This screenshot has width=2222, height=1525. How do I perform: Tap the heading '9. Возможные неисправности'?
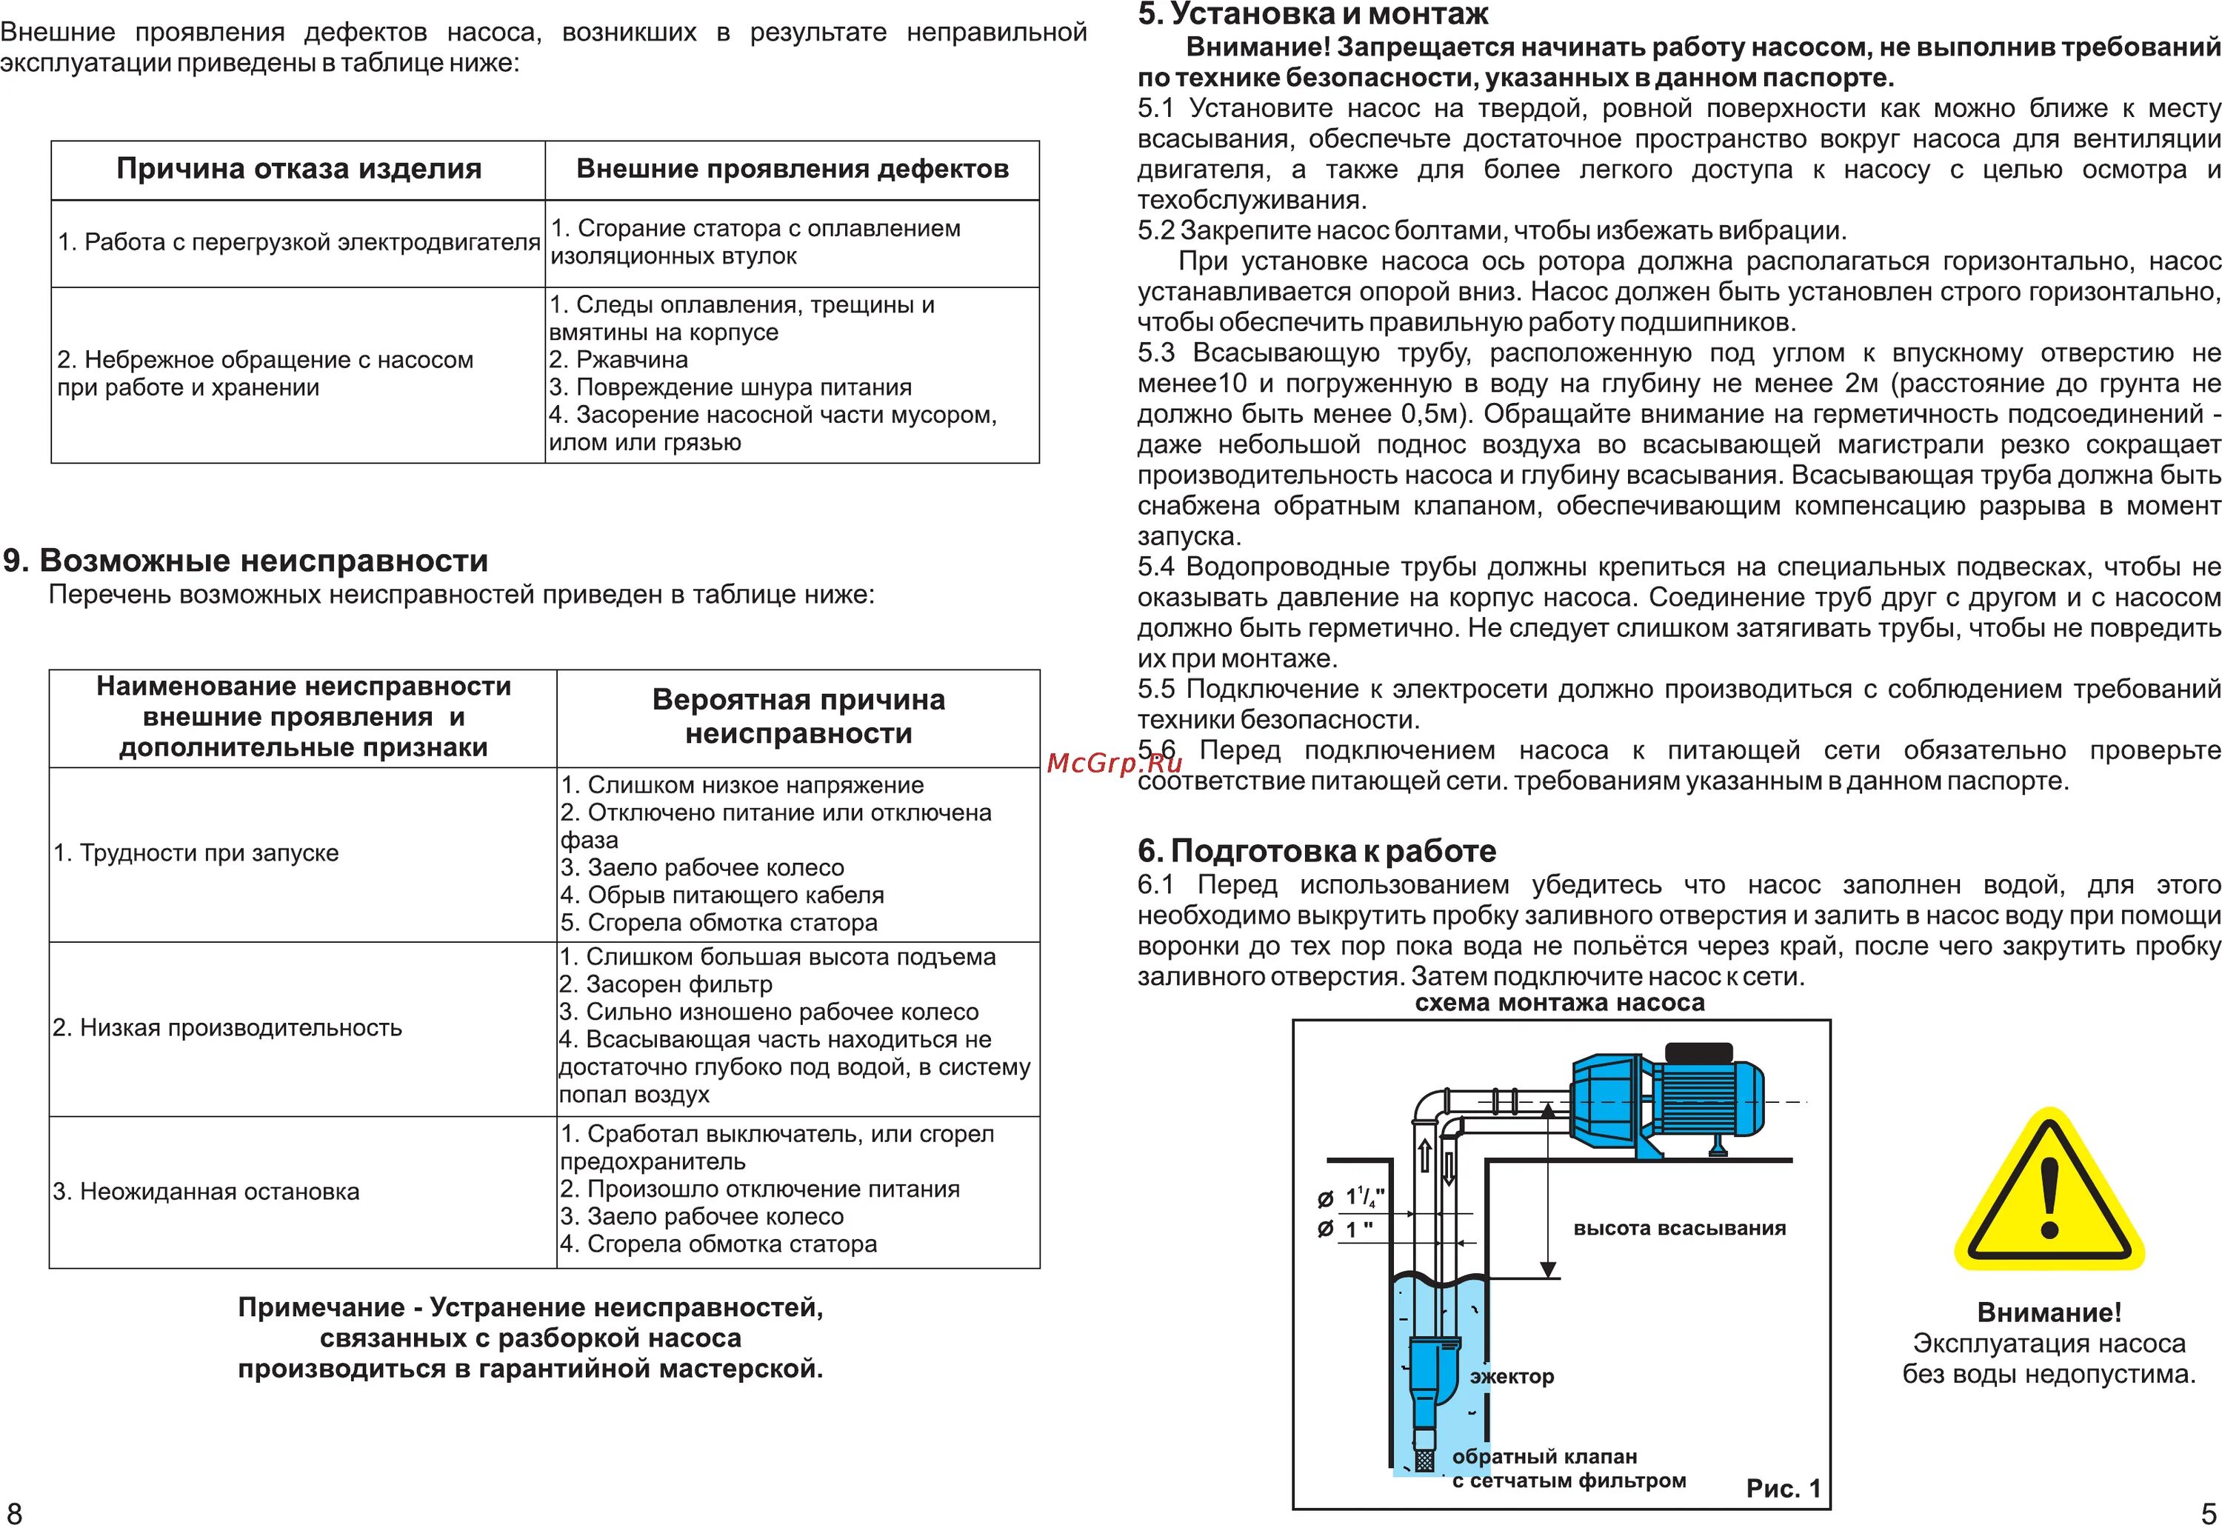tap(246, 560)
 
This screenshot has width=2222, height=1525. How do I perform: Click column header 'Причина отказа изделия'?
tap(298, 169)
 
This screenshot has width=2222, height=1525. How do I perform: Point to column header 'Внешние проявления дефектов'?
tap(792, 169)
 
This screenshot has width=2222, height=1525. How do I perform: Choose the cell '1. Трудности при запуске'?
tap(196, 852)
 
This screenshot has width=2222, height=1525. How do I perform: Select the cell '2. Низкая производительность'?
tap(227, 1028)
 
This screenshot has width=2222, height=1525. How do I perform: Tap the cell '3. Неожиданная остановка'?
tap(207, 1191)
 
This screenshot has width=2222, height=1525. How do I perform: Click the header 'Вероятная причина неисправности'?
tap(798, 716)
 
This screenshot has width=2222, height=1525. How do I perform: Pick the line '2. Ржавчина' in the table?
tap(618, 359)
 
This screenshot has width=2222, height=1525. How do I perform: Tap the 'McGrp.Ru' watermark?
tap(1114, 762)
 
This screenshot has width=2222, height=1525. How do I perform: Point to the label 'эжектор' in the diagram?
tap(1512, 1376)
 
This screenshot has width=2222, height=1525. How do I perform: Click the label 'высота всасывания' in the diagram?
tap(1679, 1229)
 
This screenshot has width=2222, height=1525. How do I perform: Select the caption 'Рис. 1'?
tap(1783, 1488)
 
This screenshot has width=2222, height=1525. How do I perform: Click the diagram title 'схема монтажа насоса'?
tap(1559, 1003)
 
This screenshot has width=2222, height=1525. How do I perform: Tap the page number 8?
tap(13, 1512)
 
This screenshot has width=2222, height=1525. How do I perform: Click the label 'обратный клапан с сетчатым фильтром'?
tap(1568, 1469)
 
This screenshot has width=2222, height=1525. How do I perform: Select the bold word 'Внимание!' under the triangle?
tap(2049, 1312)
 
